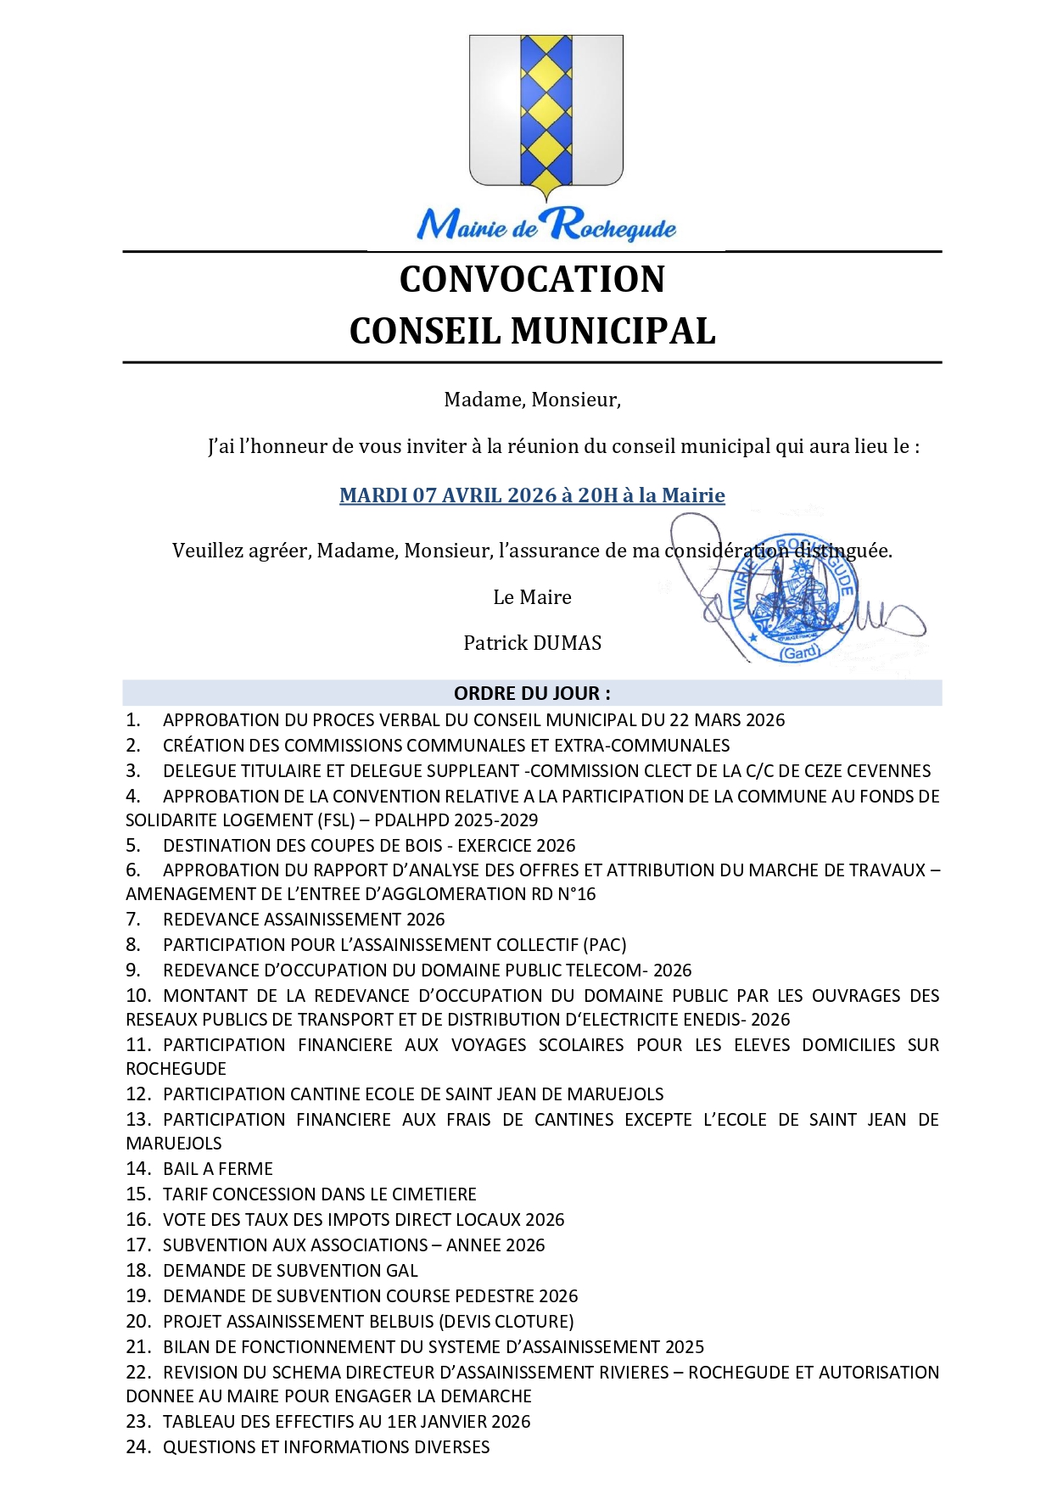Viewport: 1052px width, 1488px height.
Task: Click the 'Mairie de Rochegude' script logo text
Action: coord(546,226)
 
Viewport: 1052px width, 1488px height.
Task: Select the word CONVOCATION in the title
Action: coord(532,280)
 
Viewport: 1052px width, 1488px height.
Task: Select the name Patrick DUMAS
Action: coord(532,643)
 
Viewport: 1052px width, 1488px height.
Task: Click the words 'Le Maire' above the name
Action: coord(532,597)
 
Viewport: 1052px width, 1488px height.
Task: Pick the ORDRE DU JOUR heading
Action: coord(532,693)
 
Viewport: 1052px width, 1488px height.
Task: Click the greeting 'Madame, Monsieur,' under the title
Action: coord(532,400)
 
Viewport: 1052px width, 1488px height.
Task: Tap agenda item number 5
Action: coord(133,846)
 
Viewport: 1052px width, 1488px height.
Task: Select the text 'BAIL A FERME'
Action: coord(218,1169)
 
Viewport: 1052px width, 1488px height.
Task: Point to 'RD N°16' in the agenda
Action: coord(562,894)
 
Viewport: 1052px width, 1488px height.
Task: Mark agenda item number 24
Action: coord(137,1447)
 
